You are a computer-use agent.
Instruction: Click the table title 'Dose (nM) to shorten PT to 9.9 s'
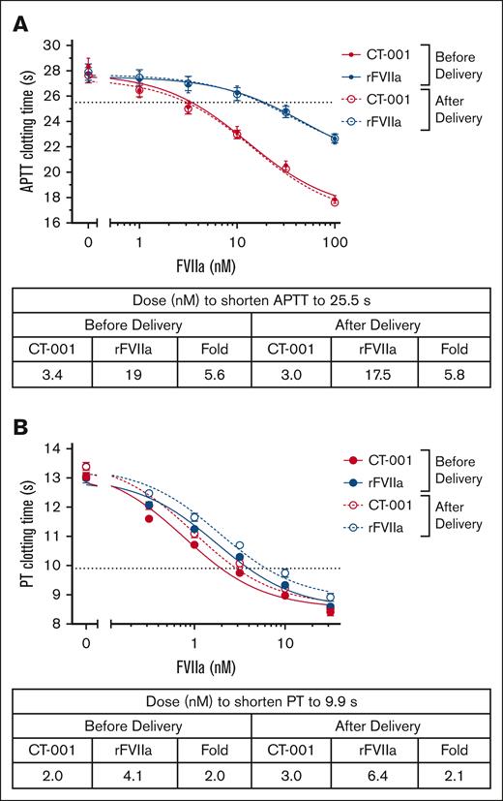(x=251, y=700)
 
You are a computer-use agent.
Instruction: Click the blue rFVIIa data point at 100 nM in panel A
(x=335, y=139)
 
